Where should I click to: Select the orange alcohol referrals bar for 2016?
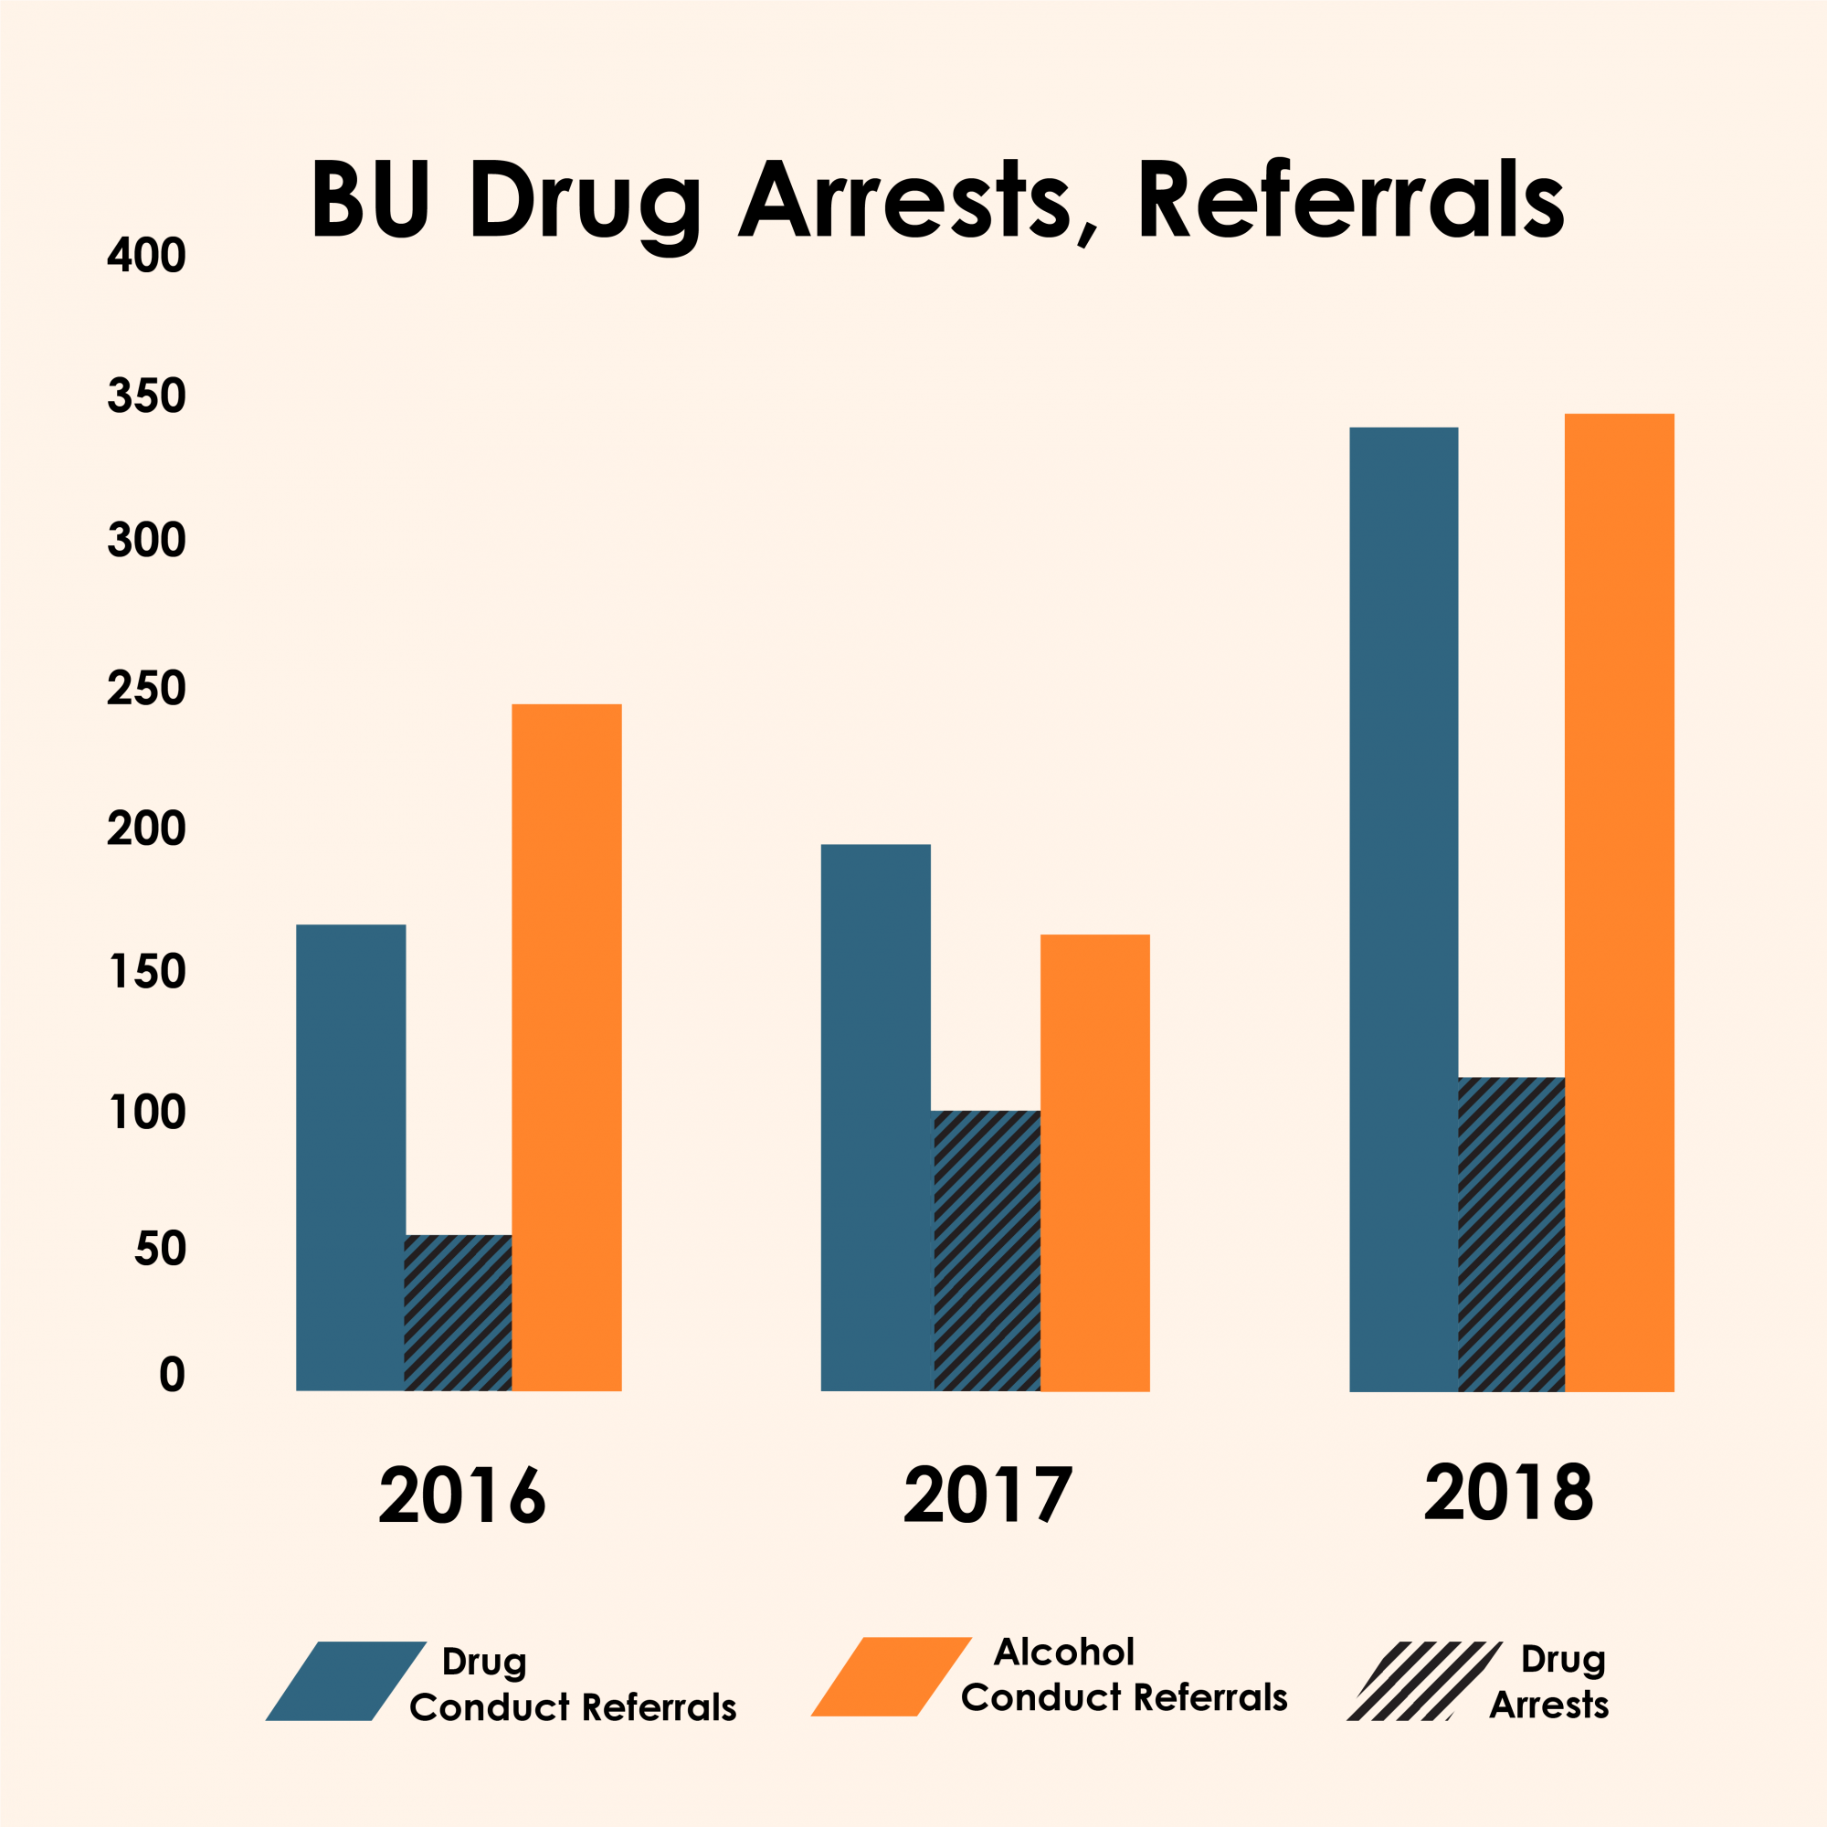point(566,1047)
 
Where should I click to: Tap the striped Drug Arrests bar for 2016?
point(459,1313)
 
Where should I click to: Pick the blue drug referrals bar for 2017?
point(875,1117)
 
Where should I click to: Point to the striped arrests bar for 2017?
point(987,1251)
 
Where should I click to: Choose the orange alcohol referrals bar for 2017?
point(1094,1162)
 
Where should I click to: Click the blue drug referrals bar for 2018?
point(1403,909)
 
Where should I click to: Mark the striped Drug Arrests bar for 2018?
point(1511,1234)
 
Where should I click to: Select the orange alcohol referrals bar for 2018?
point(1619,903)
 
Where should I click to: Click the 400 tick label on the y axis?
point(146,256)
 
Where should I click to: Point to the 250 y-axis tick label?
point(146,690)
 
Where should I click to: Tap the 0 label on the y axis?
point(171,1375)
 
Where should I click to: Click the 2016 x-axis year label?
point(462,1496)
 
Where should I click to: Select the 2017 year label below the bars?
point(988,1495)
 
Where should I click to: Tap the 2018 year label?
point(1509,1494)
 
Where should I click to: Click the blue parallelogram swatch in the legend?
point(346,1681)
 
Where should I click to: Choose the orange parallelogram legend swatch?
point(892,1676)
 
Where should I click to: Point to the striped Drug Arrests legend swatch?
point(1423,1681)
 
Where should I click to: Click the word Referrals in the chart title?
point(1350,201)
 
